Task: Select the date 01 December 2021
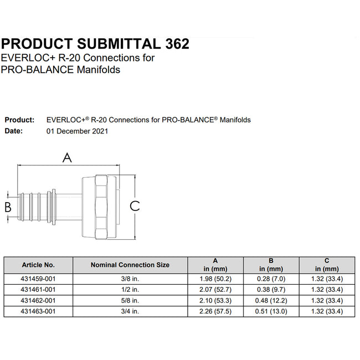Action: coord(78,131)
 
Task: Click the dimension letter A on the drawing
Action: coord(67,158)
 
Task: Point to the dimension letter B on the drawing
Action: coord(8,207)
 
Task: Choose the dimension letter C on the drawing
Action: coord(135,206)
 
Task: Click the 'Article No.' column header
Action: coord(38,265)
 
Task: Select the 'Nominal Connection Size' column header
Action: coord(130,265)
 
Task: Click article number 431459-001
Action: coord(38,279)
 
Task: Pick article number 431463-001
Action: coord(38,311)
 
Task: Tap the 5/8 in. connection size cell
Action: coord(130,301)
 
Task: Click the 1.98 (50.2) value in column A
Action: coord(216,279)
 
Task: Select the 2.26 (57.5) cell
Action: coord(216,311)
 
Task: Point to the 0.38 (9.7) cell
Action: coord(271,290)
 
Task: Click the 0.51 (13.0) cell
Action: coord(271,311)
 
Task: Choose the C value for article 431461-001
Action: coord(327,290)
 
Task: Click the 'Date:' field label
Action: coord(14,131)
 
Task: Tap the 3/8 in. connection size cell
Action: coord(130,279)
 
